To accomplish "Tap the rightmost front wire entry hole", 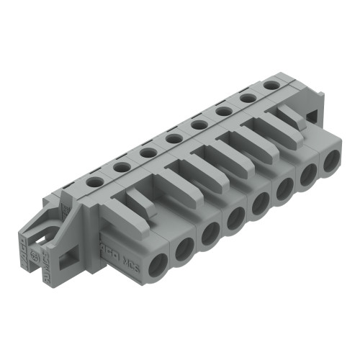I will click(x=331, y=162).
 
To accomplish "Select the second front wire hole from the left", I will click(x=184, y=247).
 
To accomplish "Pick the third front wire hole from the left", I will click(x=210, y=233).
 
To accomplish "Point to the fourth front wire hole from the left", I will click(x=235, y=217).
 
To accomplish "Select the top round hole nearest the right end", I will click(x=271, y=84).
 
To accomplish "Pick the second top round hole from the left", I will click(x=122, y=167).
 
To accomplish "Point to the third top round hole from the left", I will click(x=148, y=153).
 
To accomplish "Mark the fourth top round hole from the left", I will click(x=173, y=138).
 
